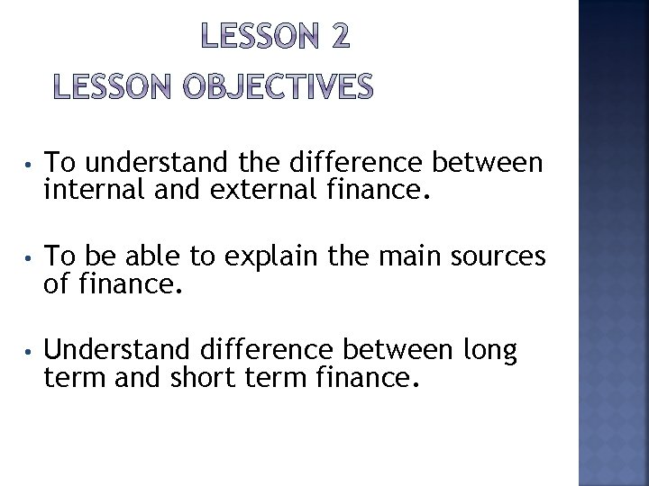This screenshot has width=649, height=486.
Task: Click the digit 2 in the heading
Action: point(335,37)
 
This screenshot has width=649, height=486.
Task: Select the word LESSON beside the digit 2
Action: point(254,37)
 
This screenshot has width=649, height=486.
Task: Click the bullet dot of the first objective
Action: point(29,165)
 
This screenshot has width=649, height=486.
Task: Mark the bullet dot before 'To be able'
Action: point(29,258)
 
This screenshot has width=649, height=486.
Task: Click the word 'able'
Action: point(155,256)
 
